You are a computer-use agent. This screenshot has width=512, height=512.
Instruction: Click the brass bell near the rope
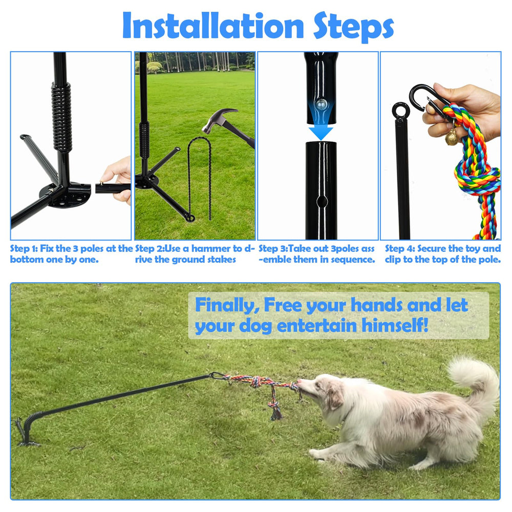(x=452, y=137)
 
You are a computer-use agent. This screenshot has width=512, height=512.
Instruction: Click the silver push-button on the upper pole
(x=321, y=104)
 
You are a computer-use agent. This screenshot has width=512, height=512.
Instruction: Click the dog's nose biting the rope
(x=301, y=384)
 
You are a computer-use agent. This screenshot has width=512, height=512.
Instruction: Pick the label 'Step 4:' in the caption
(x=400, y=249)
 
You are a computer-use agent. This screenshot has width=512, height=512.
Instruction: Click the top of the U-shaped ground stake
(x=198, y=139)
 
